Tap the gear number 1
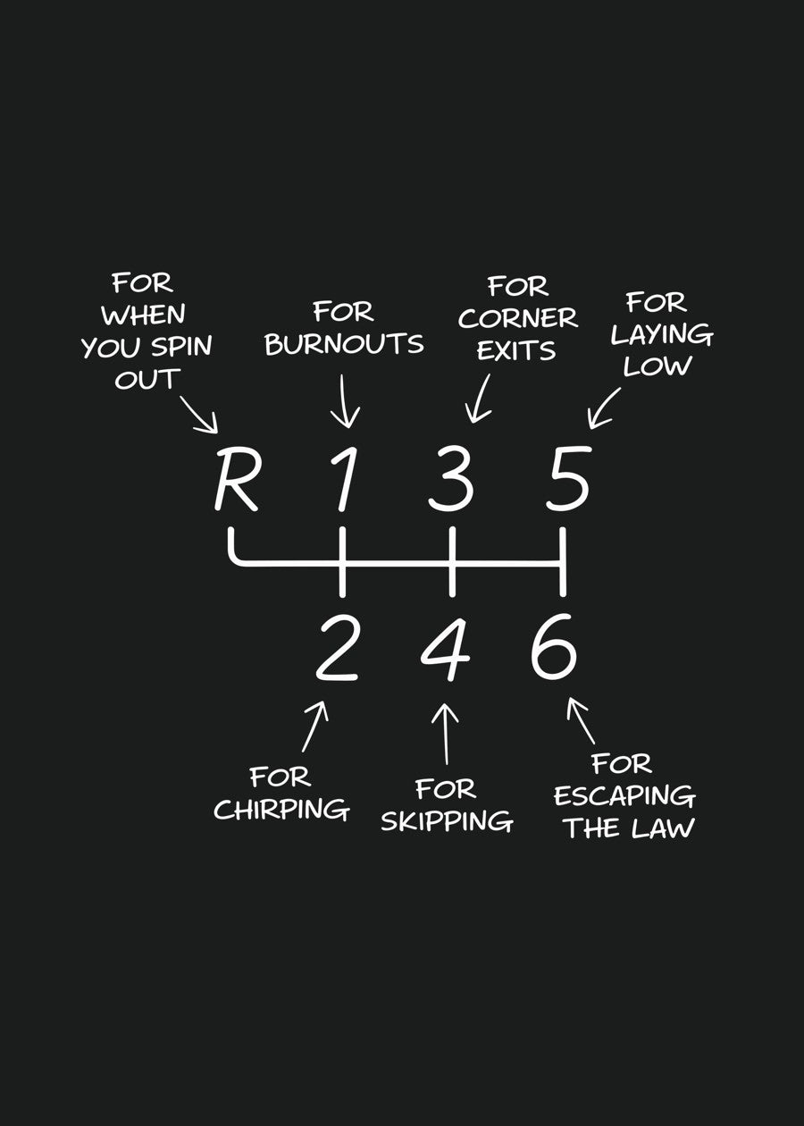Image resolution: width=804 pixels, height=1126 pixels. [344, 482]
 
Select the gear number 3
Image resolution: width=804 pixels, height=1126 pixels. [450, 482]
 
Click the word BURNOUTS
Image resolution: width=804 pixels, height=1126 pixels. [344, 344]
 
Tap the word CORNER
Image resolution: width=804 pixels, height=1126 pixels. [518, 318]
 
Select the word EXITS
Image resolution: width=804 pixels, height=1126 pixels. [516, 350]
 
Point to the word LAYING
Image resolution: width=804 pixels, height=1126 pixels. [662, 335]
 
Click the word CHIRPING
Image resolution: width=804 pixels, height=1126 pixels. [281, 810]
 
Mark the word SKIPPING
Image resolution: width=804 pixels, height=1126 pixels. [447, 820]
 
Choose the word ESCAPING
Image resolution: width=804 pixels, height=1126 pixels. [624, 795]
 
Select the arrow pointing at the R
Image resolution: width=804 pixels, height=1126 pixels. [200, 413]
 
